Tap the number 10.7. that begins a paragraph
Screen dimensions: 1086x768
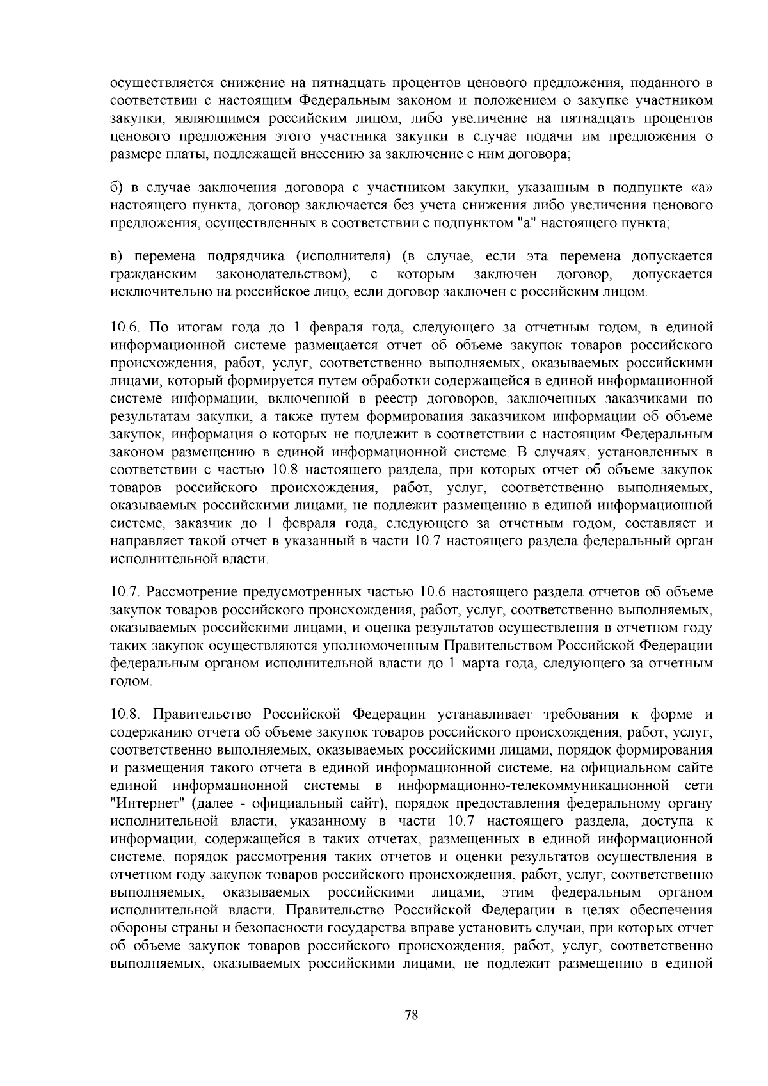pos(125,591)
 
